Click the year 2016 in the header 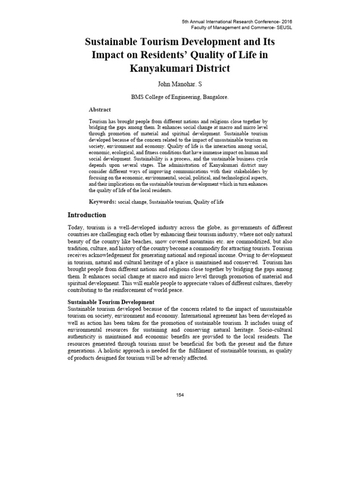(283, 22)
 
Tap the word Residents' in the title (181, 54)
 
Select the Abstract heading (100, 110)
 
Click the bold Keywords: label (103, 202)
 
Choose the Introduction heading (87, 215)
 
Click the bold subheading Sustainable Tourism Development (111, 302)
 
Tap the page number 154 (180, 395)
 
